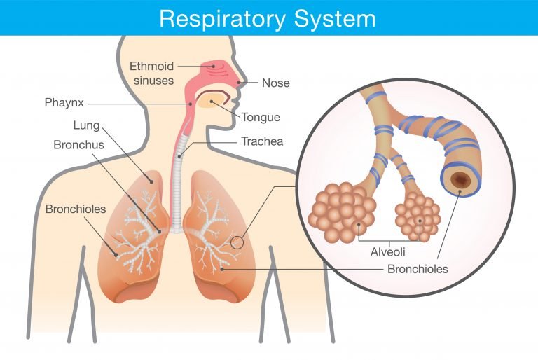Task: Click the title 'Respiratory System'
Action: [x=268, y=18]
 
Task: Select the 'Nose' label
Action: [x=275, y=83]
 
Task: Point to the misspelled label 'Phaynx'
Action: [x=64, y=103]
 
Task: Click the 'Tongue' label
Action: [x=261, y=117]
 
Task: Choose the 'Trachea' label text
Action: [x=262, y=141]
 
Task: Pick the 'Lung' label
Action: [x=86, y=126]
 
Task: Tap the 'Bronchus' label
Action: [x=78, y=145]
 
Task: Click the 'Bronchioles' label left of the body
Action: [x=75, y=209]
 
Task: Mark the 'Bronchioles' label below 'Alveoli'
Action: [x=418, y=268]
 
